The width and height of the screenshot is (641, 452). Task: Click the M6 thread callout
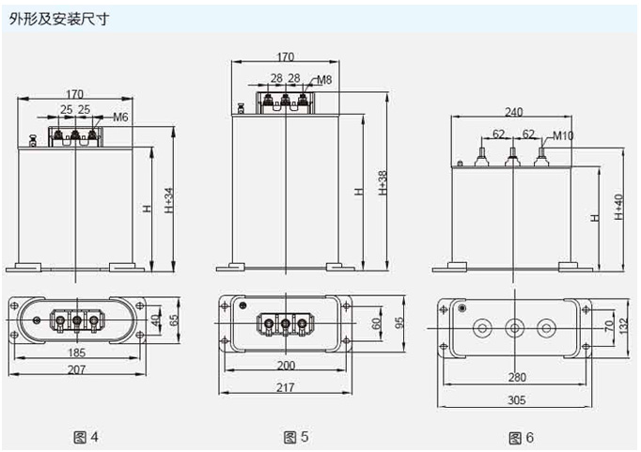point(119,117)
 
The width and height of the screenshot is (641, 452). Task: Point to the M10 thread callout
point(563,136)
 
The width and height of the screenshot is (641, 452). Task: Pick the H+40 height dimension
point(618,207)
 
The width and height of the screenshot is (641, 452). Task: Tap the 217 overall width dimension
point(287,387)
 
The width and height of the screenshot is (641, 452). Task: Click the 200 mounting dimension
point(285,366)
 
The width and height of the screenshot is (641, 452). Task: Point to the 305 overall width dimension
point(514,398)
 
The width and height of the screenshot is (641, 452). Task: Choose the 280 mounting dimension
point(514,378)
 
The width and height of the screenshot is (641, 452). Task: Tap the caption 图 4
point(86,436)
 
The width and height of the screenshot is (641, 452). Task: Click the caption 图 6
point(521,437)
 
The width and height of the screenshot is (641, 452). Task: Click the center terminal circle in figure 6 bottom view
point(513,329)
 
